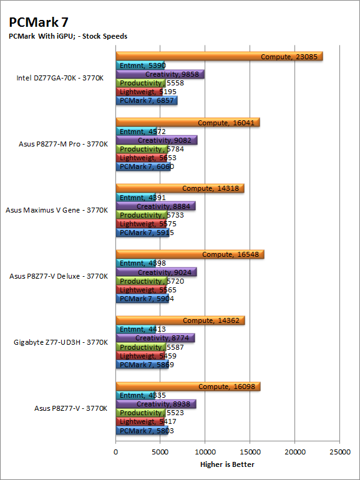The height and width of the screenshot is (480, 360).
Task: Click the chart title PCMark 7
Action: click(39, 22)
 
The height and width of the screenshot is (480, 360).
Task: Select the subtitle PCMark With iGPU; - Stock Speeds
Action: click(68, 36)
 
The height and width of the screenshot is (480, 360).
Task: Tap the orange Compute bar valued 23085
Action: click(220, 56)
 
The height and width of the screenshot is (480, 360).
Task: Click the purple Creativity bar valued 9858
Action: click(160, 74)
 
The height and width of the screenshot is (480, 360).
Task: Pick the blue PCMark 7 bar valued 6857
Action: click(147, 100)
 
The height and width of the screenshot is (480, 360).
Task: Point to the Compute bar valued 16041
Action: click(188, 122)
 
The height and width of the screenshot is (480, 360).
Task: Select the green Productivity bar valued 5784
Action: click(142, 149)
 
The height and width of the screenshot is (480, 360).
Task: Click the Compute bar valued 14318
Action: click(180, 188)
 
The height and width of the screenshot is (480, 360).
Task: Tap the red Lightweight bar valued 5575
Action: click(140, 224)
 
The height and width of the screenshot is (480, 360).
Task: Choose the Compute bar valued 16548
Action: click(190, 254)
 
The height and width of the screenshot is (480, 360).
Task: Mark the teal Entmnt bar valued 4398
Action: click(135, 263)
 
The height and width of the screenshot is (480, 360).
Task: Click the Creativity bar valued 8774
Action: click(155, 338)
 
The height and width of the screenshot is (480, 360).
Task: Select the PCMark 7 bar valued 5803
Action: click(142, 430)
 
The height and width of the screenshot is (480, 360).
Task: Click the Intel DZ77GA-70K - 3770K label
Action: click(60, 78)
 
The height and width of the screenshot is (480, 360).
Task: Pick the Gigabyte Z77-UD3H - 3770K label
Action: click(61, 342)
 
